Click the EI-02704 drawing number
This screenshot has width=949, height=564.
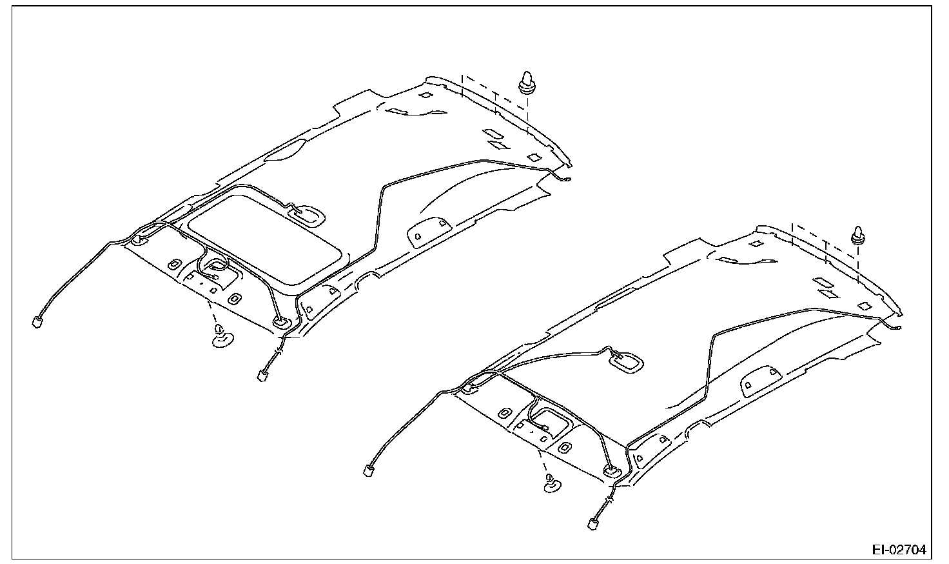pyautogui.click(x=899, y=550)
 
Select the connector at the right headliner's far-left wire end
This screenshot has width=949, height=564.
pyautogui.click(x=369, y=469)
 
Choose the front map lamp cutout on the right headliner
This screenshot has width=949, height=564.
pyautogui.click(x=548, y=419)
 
